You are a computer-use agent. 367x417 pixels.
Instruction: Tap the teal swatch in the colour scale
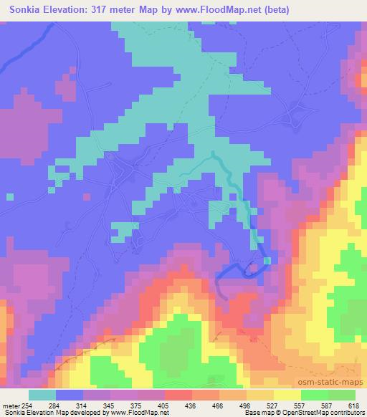(43, 394)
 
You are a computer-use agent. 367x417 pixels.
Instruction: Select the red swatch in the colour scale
(177, 394)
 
